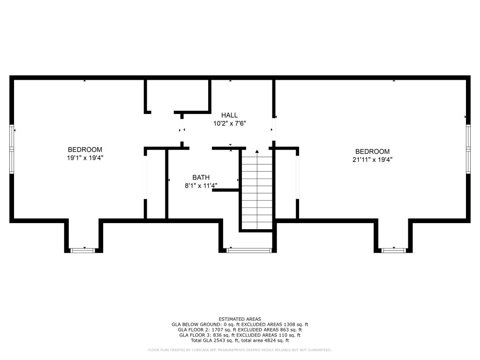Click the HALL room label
[229, 115]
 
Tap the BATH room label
[201, 177]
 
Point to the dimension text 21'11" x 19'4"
[372, 159]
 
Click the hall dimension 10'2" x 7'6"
[230, 123]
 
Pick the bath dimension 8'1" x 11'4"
[201, 186]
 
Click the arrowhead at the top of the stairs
[257, 151]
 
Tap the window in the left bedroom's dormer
[83, 250]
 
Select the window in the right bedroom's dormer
[394, 250]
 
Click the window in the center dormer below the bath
[249, 250]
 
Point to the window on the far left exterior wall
[12, 150]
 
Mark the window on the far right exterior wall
[468, 149]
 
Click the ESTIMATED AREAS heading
[240, 319]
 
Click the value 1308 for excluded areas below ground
[290, 324]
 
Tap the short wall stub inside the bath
[225, 190]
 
